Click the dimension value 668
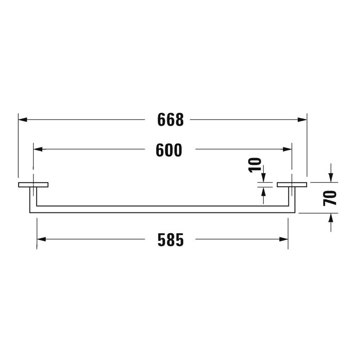(171, 120)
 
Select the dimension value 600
(169, 150)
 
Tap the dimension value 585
(171, 240)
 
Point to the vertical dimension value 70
(332, 197)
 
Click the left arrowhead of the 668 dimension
(22, 120)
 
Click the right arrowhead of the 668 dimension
(302, 120)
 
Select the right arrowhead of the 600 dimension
(288, 149)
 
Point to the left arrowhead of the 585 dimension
(41, 239)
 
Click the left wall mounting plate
(33, 185)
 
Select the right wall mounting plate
(292, 185)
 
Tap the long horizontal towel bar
(161, 209)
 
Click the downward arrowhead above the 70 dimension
(332, 178)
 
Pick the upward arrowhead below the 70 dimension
(332, 217)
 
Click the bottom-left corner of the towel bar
(30, 212)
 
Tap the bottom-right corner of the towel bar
(295, 212)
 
